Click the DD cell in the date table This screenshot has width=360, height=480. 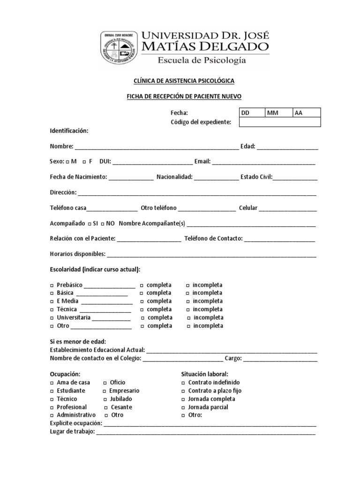[x=252, y=112]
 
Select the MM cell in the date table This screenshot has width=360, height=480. [x=279, y=112]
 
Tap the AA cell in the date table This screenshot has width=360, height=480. [x=307, y=112]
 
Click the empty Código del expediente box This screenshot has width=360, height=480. [x=280, y=122]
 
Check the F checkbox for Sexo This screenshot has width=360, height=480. [x=84, y=162]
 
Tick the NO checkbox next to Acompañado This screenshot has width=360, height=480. [x=102, y=224]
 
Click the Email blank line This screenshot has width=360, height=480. [x=263, y=162]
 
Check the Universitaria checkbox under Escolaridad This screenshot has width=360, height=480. [x=52, y=318]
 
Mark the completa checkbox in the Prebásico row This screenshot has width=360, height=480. [x=142, y=285]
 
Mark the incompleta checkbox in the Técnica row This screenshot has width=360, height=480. [x=188, y=310]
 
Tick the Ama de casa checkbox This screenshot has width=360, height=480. [x=52, y=383]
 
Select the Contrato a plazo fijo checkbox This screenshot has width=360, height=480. [x=183, y=391]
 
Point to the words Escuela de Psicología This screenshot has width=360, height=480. [x=202, y=60]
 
